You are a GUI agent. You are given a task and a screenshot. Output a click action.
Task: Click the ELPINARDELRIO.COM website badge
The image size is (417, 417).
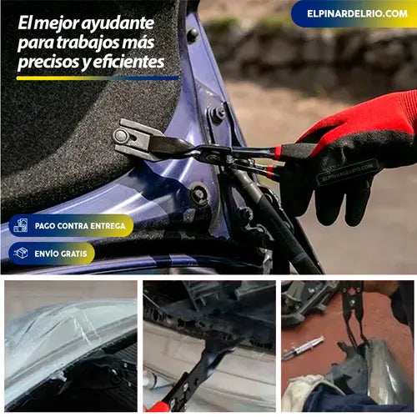pyautogui.click(x=354, y=13)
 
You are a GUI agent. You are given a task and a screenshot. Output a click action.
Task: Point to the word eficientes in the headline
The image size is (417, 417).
pyautogui.click(x=128, y=62)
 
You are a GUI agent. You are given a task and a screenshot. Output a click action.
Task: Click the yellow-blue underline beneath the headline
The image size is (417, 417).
pyautogui.click(x=98, y=78)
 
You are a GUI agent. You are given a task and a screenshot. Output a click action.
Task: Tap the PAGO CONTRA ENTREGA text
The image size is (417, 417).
pyautogui.click(x=80, y=226)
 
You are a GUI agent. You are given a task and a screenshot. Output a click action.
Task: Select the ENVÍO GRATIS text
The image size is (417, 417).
pyautogui.click(x=61, y=254)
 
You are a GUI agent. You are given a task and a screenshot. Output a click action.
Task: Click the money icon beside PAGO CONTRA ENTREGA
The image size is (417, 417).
pyautogui.click(x=21, y=225)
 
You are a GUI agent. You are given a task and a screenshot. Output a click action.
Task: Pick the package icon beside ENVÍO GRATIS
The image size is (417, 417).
pyautogui.click(x=21, y=254)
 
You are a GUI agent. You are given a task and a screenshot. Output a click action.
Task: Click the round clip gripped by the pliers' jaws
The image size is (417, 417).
pyautogui.click(x=121, y=136)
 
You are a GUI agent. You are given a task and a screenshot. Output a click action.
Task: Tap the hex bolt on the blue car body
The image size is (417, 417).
pyautogui.click(x=216, y=114)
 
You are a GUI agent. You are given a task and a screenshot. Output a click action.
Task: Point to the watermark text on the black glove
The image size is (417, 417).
pyautogui.click(x=348, y=173)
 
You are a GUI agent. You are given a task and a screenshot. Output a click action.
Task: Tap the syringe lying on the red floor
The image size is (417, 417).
pyautogui.click(x=303, y=348)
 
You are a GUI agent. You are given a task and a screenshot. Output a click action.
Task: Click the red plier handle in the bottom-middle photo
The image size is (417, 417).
pyautogui.click(x=157, y=407)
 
